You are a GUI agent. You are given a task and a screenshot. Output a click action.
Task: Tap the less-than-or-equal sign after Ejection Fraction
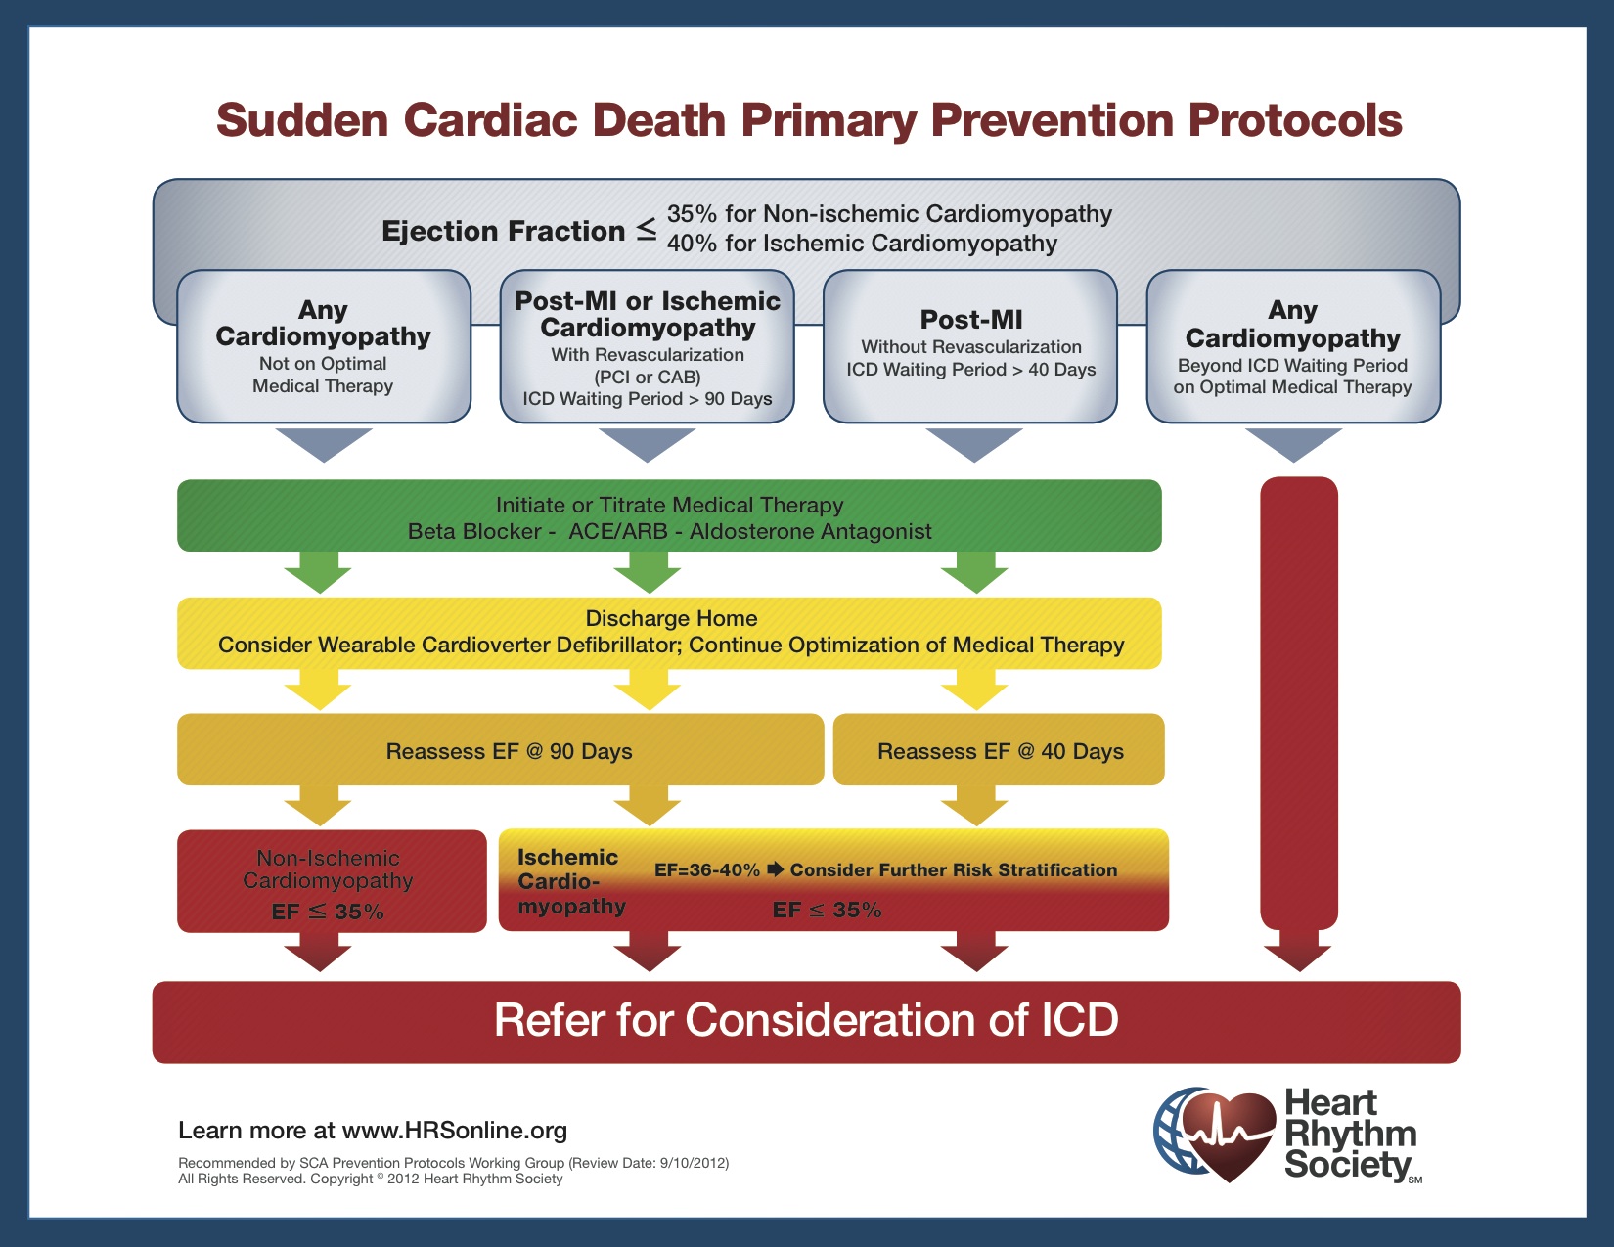pyautogui.click(x=647, y=230)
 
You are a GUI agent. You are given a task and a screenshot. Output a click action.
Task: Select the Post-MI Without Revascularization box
pyautogui.click(x=970, y=346)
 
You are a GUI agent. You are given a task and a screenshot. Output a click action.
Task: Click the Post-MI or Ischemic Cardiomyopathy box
pyautogui.click(x=647, y=346)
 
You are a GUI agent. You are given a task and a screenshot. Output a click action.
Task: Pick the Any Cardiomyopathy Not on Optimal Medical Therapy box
pyautogui.click(x=323, y=346)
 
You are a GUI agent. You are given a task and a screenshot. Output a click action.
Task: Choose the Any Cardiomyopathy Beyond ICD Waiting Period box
pyautogui.click(x=1292, y=346)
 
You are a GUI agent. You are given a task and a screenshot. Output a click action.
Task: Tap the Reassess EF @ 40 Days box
pyautogui.click(x=1000, y=751)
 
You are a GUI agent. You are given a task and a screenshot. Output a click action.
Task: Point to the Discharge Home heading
pyautogui.click(x=671, y=618)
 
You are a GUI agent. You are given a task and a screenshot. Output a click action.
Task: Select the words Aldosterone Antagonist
pyautogui.click(x=810, y=531)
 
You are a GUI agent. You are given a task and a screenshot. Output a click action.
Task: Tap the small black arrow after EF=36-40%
pyautogui.click(x=776, y=869)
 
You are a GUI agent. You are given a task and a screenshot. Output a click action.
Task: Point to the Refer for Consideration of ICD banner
pyautogui.click(x=806, y=1021)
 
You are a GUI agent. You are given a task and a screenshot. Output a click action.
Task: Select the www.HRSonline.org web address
pyautogui.click(x=455, y=1131)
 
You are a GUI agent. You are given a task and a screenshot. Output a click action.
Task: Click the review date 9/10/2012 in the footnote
pyautogui.click(x=693, y=1163)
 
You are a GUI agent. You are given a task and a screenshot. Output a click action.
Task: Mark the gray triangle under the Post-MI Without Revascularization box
pyautogui.click(x=973, y=443)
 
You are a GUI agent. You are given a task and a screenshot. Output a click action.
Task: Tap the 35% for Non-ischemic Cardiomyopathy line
pyautogui.click(x=889, y=214)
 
